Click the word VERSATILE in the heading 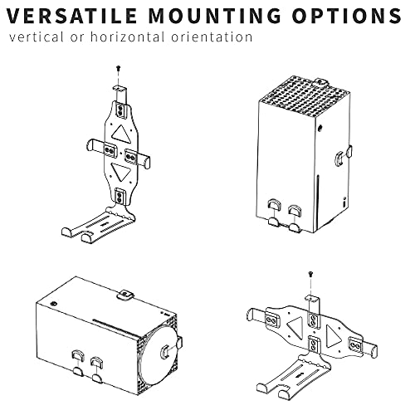(x=71, y=16)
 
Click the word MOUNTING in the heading (x=214, y=16)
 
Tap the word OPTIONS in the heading (x=346, y=16)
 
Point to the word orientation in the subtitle (x=212, y=37)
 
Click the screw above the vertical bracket (x=119, y=68)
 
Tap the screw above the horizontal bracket (x=310, y=275)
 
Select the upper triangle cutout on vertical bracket (x=121, y=134)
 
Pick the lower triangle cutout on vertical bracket (x=121, y=172)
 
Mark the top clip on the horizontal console (x=125, y=295)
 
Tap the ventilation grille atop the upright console (x=305, y=95)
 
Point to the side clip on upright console (x=344, y=155)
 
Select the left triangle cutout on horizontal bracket (x=296, y=328)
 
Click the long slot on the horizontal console (x=115, y=327)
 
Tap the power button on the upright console (x=320, y=128)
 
